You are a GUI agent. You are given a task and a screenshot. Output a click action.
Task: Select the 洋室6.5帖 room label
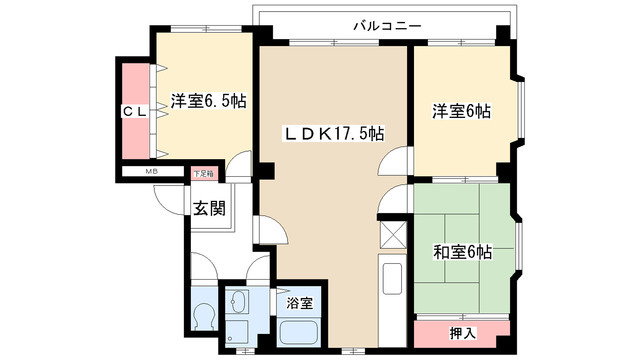[x=208, y=101]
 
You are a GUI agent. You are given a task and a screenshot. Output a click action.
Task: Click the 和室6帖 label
[x=462, y=251]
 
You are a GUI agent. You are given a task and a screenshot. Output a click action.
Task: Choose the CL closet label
[x=136, y=112]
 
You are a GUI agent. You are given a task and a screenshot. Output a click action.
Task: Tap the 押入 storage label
[x=461, y=331]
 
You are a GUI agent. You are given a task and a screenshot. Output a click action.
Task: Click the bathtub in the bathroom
[x=298, y=333]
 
